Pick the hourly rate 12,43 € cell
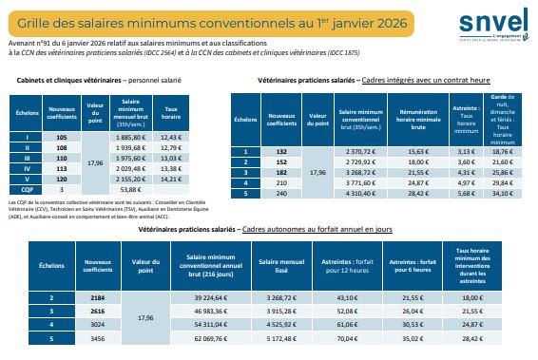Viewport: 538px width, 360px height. (x=172, y=138)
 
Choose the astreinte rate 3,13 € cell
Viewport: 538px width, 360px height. (x=466, y=150)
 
